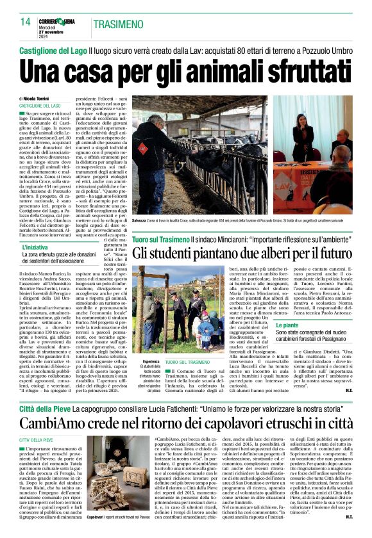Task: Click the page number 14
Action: [25, 22]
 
